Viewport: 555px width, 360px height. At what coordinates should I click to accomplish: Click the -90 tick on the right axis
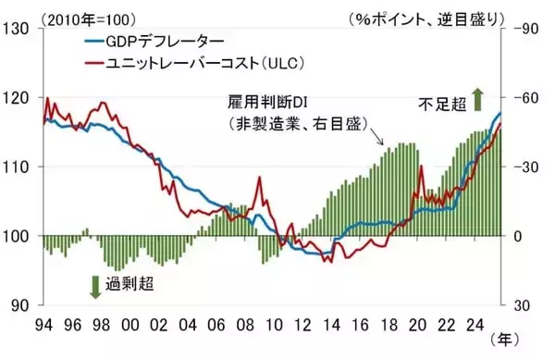(521, 29)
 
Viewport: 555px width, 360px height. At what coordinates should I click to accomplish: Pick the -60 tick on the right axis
(521, 97)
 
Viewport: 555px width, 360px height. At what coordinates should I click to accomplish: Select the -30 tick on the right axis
(521, 167)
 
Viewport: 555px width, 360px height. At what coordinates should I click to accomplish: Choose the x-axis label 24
(473, 325)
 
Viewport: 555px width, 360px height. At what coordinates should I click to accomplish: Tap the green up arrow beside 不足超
(477, 96)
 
